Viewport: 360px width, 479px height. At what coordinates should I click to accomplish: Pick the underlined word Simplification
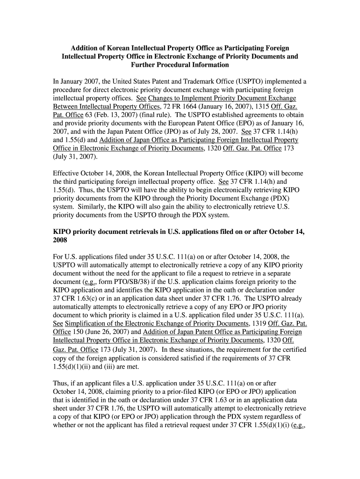click(90, 324)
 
